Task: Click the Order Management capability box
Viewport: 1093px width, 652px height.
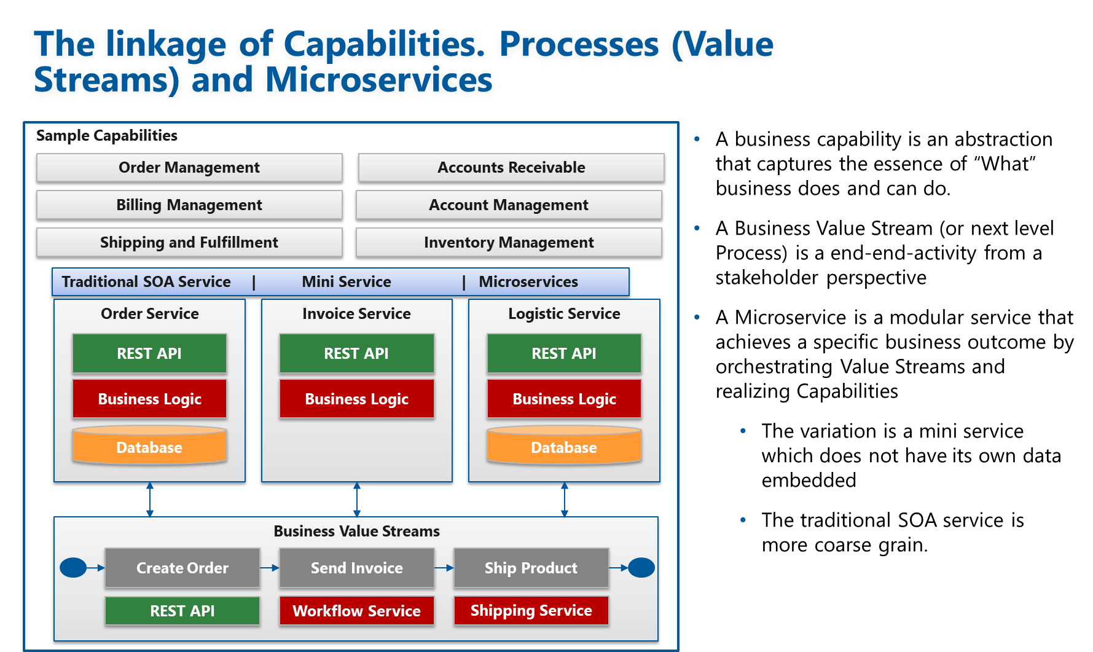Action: [189, 168]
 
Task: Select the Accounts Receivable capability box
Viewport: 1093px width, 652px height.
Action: [511, 168]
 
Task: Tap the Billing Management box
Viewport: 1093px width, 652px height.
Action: [189, 205]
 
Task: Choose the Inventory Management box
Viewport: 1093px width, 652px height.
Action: [509, 243]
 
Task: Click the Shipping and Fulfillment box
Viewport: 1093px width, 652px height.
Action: [189, 243]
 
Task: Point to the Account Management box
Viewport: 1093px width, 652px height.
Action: [509, 205]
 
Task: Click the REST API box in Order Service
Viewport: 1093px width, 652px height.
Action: [149, 353]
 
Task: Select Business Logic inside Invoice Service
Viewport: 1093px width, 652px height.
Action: [357, 399]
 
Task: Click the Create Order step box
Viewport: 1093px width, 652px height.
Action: [182, 568]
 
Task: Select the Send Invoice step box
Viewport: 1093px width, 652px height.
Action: [357, 568]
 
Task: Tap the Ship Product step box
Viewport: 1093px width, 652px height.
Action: [531, 568]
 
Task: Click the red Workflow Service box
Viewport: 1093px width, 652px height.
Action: [357, 611]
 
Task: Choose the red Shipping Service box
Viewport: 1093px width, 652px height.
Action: [531, 611]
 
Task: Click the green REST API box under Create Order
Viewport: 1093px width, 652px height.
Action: [182, 611]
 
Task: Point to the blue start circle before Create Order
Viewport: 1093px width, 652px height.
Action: [73, 568]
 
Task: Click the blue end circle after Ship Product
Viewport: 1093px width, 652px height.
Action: [641, 568]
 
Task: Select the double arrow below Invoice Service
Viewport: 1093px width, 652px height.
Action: [357, 499]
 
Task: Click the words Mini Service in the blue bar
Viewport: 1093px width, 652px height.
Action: [347, 282]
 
